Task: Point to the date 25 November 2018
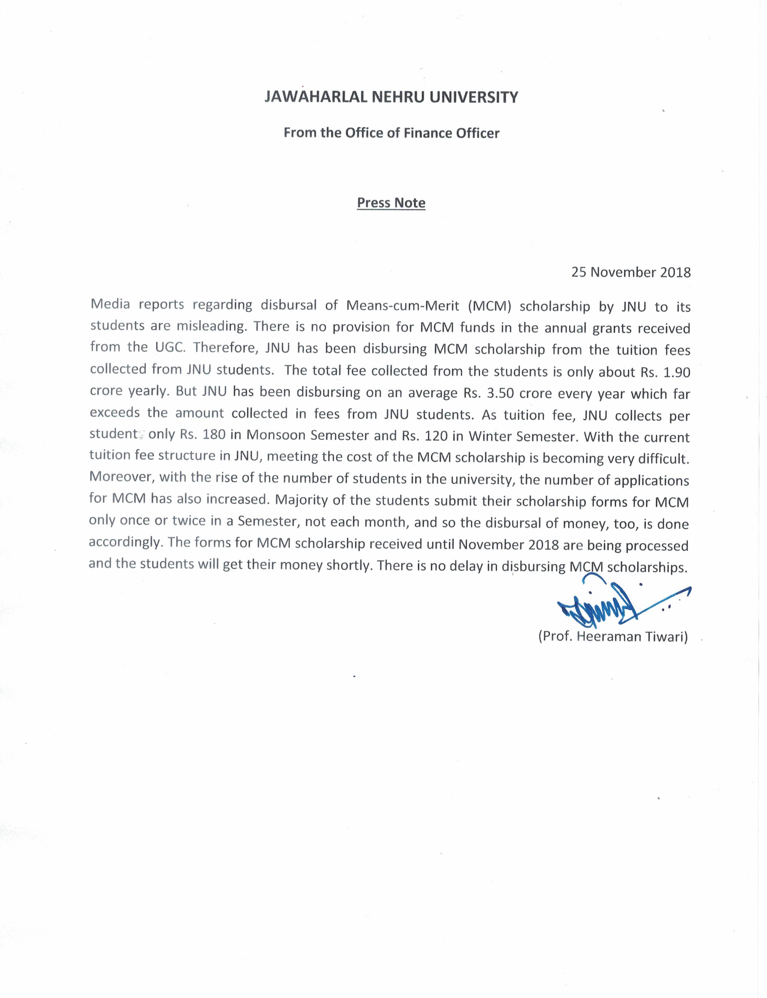(x=631, y=272)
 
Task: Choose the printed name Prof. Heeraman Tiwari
(x=613, y=636)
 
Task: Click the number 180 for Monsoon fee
(x=214, y=434)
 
